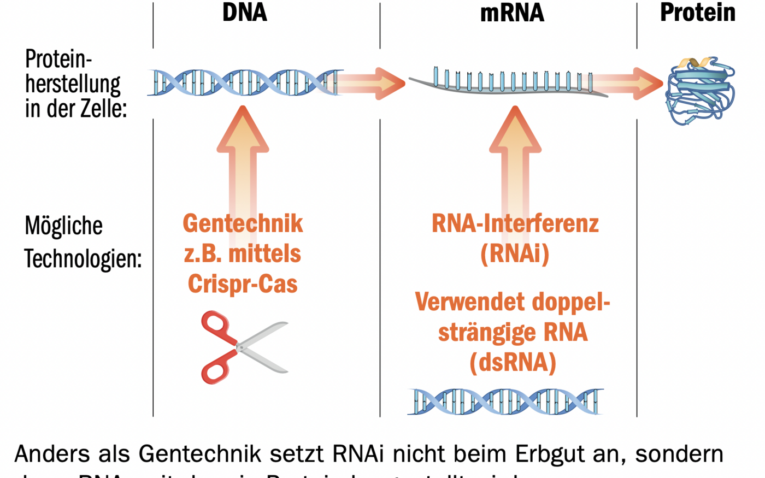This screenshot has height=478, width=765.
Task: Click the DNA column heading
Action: tap(244, 13)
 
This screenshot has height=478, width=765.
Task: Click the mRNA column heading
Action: tap(511, 13)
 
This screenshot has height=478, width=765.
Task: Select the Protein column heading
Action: tap(697, 13)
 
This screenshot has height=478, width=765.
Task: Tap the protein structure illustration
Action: tap(699, 90)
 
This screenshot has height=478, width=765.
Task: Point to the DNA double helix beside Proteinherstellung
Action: tap(244, 82)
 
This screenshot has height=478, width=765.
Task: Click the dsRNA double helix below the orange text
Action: tap(506, 402)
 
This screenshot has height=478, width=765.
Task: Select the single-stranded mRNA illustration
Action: tap(508, 83)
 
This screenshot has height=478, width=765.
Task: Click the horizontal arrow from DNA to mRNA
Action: tap(372, 83)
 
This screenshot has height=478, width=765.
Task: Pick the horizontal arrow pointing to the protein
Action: tap(628, 83)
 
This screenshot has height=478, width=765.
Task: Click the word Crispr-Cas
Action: tap(243, 284)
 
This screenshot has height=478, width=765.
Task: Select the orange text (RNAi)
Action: tap(515, 254)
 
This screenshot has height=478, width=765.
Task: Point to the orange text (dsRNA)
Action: tap(513, 362)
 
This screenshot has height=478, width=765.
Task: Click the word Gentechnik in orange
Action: tap(243, 223)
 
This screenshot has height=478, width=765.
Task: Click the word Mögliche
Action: tap(63, 226)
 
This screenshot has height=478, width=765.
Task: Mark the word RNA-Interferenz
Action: tap(515, 223)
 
